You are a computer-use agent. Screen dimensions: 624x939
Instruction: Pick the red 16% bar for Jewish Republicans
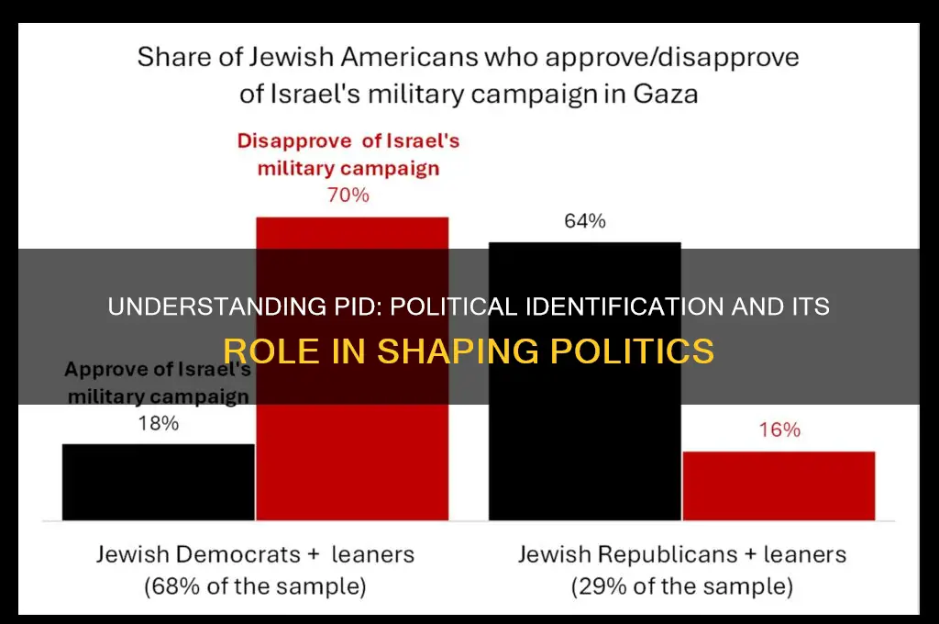pos(779,485)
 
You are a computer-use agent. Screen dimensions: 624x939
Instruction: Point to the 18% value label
pos(158,424)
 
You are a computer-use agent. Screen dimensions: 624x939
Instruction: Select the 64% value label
pos(584,221)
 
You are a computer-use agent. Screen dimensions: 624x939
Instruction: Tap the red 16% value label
pos(779,430)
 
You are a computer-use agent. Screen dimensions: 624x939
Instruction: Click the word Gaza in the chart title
pos(662,94)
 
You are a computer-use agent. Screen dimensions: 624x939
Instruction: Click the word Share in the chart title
pos(173,57)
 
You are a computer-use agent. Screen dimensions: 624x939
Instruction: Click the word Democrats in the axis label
pos(226,554)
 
